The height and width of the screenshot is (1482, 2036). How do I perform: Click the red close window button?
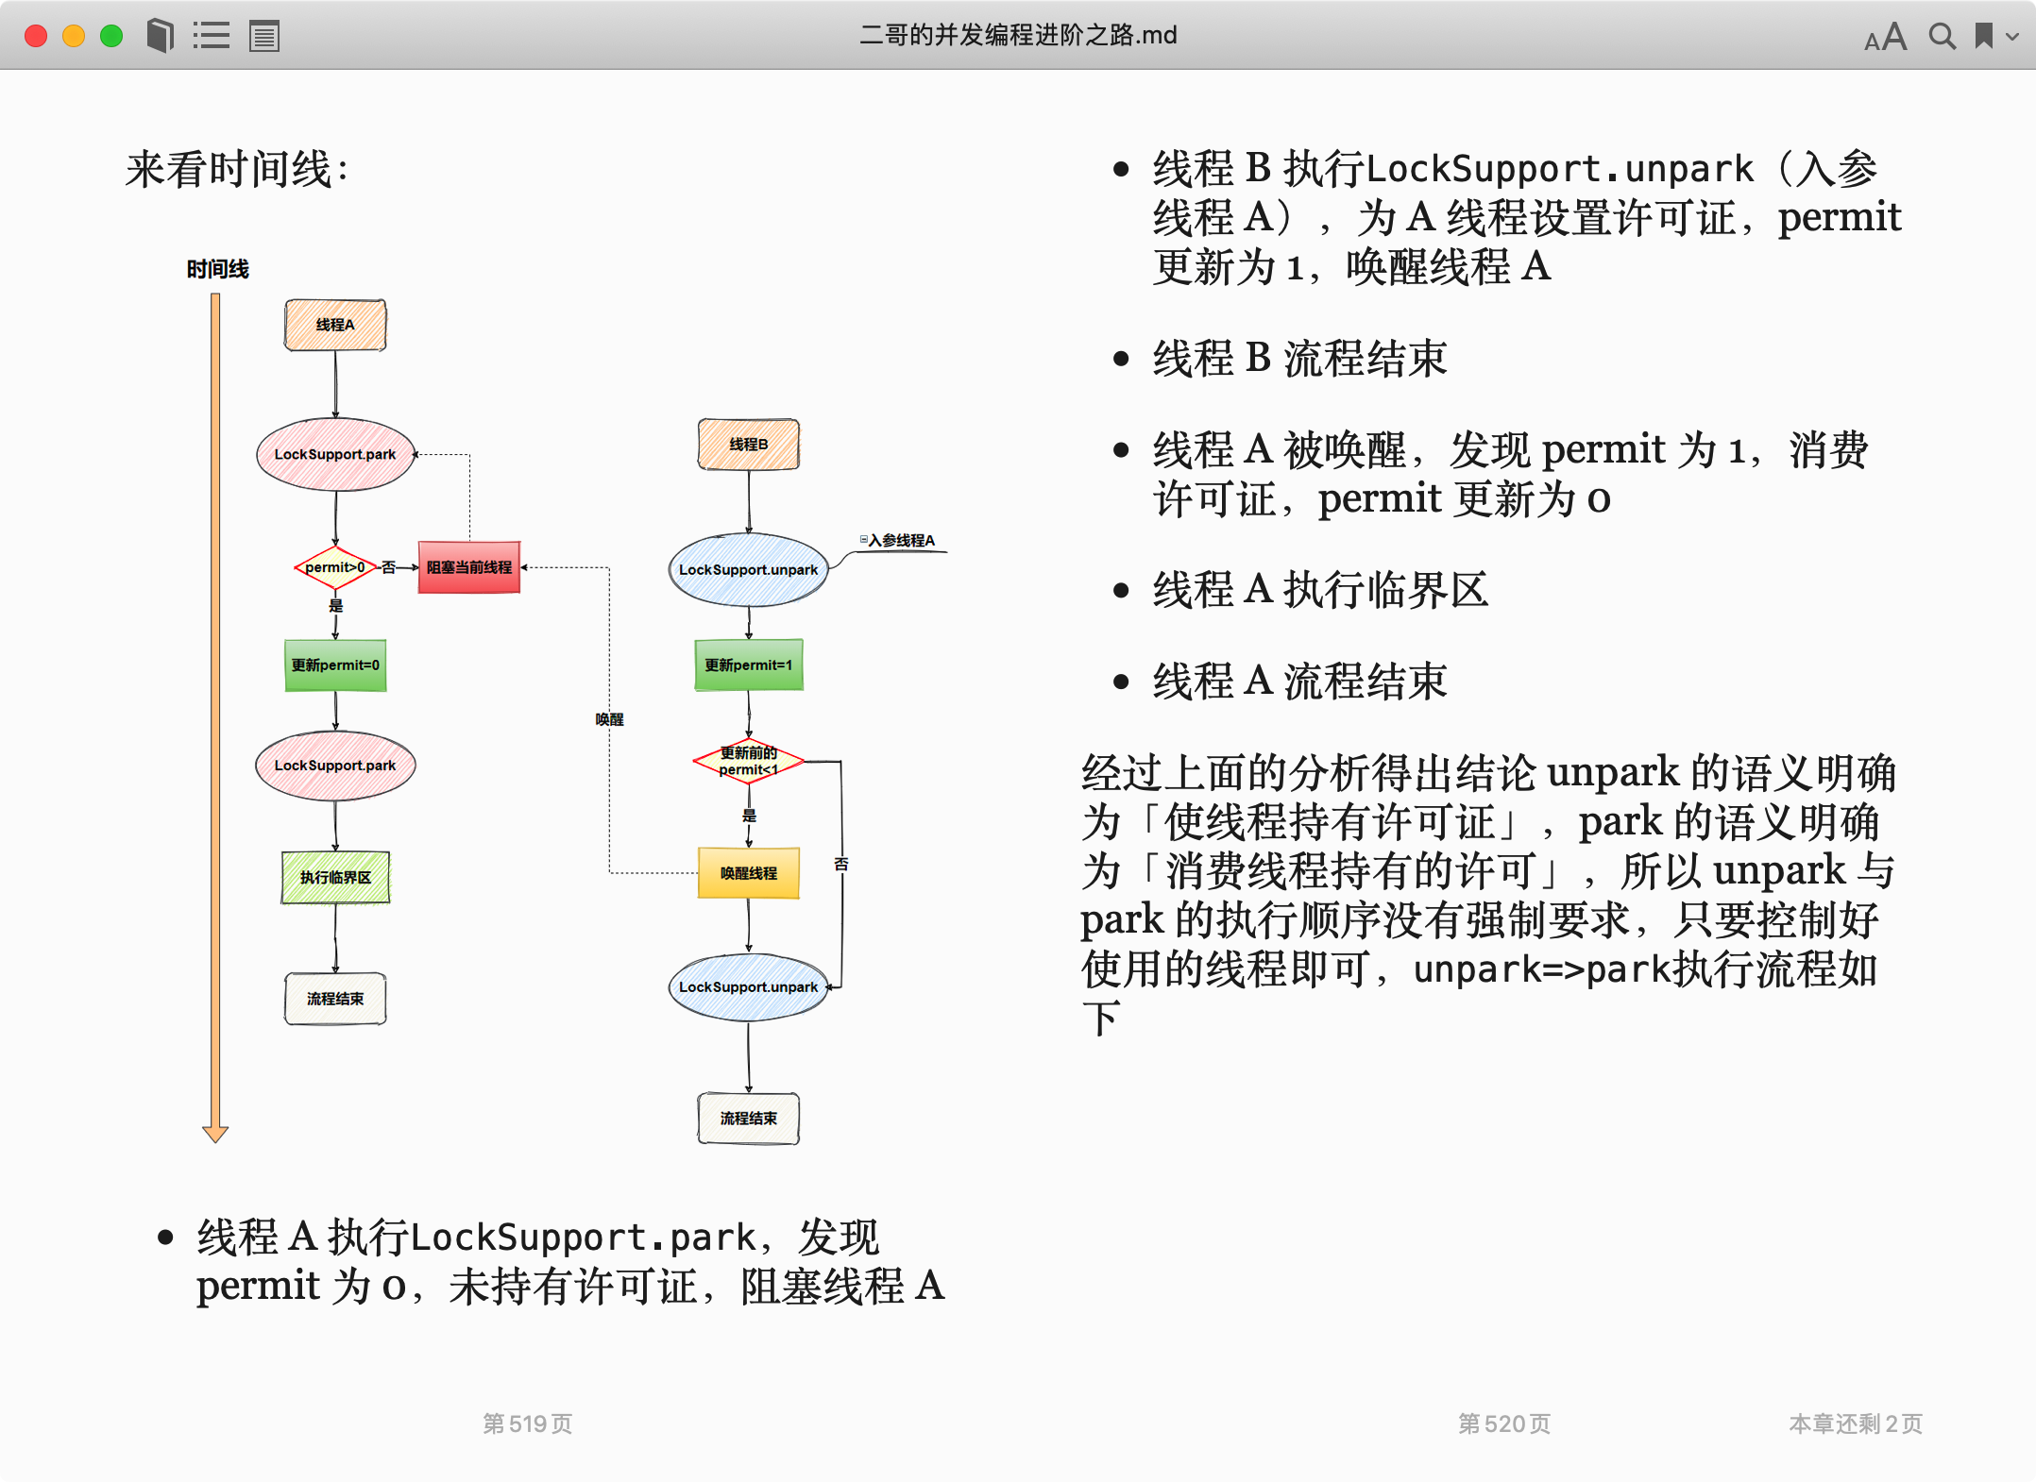pos(36,36)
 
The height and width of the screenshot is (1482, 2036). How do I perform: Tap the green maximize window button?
pos(111,36)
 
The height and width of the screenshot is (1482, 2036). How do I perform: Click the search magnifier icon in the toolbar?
pos(1942,36)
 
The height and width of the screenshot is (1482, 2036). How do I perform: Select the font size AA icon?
pos(1885,37)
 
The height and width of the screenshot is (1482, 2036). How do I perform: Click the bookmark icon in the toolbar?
pos(1984,36)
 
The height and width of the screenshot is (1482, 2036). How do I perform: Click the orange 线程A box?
pos(335,325)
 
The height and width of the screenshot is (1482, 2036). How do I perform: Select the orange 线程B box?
pos(748,445)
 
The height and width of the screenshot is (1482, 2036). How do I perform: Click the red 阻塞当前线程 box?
pos(469,567)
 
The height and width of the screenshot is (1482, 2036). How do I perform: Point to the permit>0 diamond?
pos(335,567)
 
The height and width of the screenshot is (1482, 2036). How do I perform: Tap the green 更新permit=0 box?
pos(335,665)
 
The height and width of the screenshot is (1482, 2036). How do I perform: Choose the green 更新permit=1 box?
pos(748,665)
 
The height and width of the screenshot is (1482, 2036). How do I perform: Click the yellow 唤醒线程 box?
pos(748,873)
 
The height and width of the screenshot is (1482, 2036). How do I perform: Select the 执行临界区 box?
pos(335,877)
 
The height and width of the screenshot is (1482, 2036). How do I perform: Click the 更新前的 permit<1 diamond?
pos(748,761)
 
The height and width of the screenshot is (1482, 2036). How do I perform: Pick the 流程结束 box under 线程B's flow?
pos(748,1119)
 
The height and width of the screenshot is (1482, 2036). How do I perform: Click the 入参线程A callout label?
pos(900,540)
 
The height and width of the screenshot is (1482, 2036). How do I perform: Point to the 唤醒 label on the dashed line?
pos(609,719)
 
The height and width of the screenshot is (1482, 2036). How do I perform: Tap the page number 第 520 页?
pos(1503,1423)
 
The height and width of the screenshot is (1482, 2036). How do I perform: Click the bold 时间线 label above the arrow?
pos(217,269)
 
